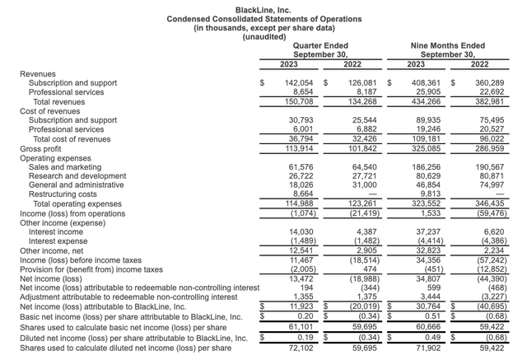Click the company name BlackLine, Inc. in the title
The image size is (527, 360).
point(263,7)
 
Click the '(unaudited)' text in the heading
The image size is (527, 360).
point(263,36)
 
